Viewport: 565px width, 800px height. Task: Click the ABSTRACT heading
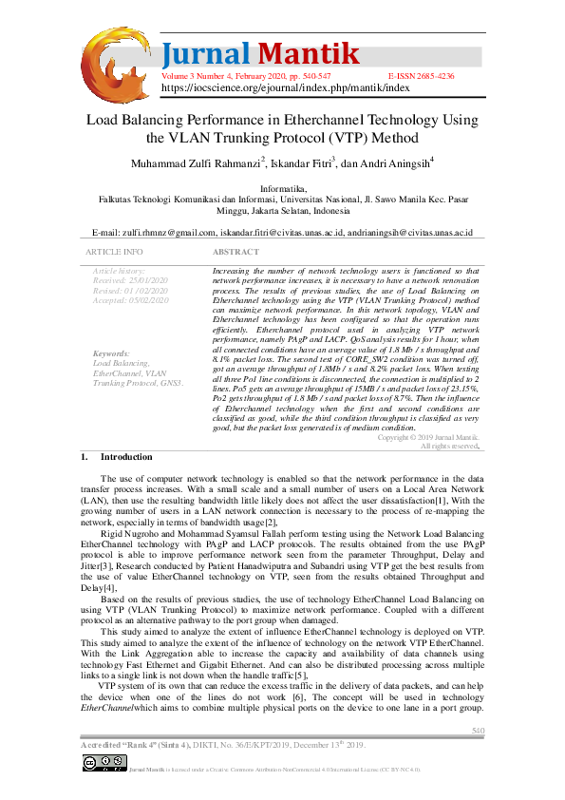pyautogui.click(x=235, y=253)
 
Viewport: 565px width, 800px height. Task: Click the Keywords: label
pyautogui.click(x=112, y=353)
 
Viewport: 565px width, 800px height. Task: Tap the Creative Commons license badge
pyautogui.click(x=104, y=762)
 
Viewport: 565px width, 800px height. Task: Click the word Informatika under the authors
pyautogui.click(x=283, y=189)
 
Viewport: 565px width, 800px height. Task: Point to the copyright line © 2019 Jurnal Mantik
pyautogui.click(x=428, y=437)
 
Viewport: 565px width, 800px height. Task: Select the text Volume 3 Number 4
pyautogui.click(x=197, y=75)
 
